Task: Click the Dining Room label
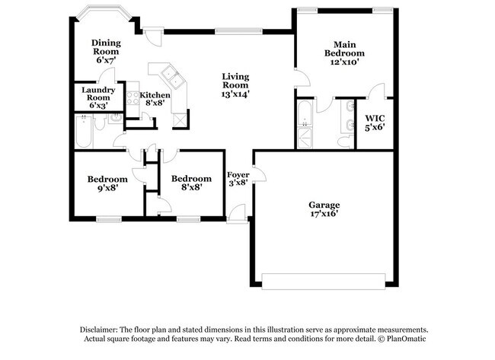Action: pyautogui.click(x=105, y=50)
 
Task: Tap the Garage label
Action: pyautogui.click(x=324, y=209)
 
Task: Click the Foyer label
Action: pyautogui.click(x=237, y=178)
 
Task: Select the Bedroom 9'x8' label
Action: pyautogui.click(x=107, y=183)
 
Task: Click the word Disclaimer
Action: pyautogui.click(x=103, y=329)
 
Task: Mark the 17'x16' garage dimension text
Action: pyautogui.click(x=324, y=215)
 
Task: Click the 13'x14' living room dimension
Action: pyautogui.click(x=235, y=94)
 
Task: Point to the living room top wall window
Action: pyautogui.click(x=229, y=31)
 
